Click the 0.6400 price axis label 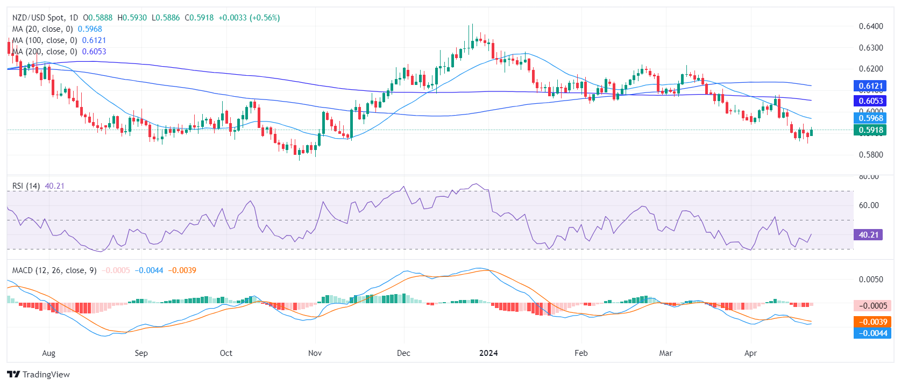[870, 26]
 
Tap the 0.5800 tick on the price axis [870, 155]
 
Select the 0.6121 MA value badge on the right [870, 86]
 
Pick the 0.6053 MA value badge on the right [870, 101]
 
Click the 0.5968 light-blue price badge [870, 118]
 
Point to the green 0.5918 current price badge [870, 130]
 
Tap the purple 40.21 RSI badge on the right [868, 235]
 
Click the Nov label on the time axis [315, 353]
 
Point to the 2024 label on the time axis [488, 353]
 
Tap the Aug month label [48, 353]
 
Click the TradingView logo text [46, 375]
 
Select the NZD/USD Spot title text [38, 18]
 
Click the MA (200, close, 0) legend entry [45, 52]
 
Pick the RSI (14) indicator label [26, 186]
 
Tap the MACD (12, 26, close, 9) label [54, 270]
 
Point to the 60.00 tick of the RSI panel [869, 205]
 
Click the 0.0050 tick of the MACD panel [870, 280]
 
